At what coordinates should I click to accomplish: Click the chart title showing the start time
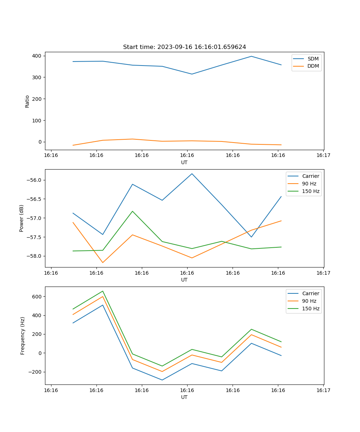click(x=184, y=47)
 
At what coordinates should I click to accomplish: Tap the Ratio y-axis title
click(x=27, y=101)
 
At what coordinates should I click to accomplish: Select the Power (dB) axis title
click(x=22, y=218)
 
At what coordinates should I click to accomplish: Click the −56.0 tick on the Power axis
click(x=35, y=180)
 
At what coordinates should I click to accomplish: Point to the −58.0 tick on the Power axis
click(x=35, y=256)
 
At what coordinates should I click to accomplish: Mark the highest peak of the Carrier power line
click(x=192, y=174)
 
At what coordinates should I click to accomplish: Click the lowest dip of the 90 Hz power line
click(x=103, y=262)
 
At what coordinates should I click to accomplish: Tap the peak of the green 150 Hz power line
click(x=132, y=211)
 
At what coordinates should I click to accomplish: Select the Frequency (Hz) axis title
click(x=23, y=336)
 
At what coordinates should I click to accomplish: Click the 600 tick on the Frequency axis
click(x=37, y=297)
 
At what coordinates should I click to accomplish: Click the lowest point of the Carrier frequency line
click(x=162, y=380)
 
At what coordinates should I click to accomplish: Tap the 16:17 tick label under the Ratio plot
click(x=323, y=156)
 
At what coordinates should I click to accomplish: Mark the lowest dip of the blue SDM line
click(x=192, y=74)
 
